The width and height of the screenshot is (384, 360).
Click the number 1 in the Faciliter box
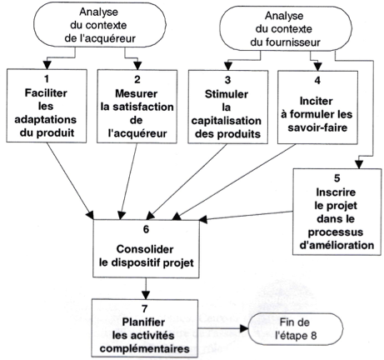[x=47, y=79]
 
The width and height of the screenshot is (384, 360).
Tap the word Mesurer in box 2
[x=137, y=93]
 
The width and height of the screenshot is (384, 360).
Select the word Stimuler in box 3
[x=227, y=94]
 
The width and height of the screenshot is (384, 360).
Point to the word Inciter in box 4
[x=317, y=101]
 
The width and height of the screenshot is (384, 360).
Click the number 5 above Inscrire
[x=337, y=178]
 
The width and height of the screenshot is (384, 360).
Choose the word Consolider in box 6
[x=145, y=249]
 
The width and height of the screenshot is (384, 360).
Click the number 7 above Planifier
[x=145, y=308]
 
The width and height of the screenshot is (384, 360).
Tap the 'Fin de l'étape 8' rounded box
[x=295, y=329]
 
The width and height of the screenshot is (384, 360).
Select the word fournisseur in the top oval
[x=286, y=42]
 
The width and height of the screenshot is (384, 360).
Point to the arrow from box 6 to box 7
[x=146, y=288]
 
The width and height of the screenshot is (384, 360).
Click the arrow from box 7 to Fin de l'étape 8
[x=223, y=329]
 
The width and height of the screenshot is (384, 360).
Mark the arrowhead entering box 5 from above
[x=359, y=165]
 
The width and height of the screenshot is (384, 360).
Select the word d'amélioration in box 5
[x=337, y=245]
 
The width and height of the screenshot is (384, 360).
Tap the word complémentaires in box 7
[x=145, y=348]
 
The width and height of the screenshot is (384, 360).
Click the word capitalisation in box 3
[x=227, y=121]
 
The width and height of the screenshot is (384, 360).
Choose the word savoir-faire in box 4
[x=317, y=127]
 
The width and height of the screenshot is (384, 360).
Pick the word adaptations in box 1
[x=46, y=119]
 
